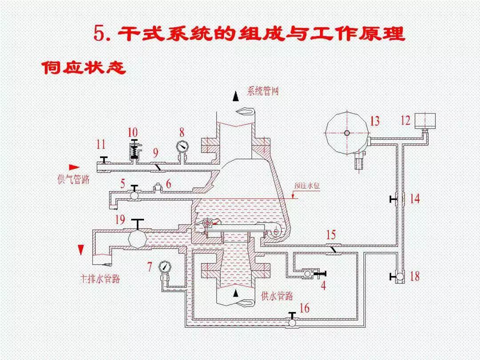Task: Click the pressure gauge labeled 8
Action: click(x=182, y=147)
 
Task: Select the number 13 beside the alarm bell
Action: click(x=375, y=121)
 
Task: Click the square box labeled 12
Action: click(x=424, y=120)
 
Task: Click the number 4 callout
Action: click(x=323, y=286)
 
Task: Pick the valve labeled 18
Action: click(x=399, y=277)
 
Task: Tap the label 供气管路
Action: click(x=73, y=179)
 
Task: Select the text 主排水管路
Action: click(x=100, y=279)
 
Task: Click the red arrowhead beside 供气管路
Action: click(x=74, y=167)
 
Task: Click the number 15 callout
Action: click(x=331, y=235)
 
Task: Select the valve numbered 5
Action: click(x=133, y=193)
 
